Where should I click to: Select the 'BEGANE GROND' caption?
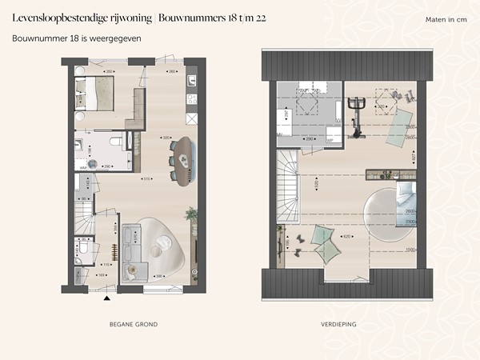[x=133, y=324]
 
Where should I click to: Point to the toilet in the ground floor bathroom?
[x=117, y=142]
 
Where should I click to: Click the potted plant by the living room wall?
[x=190, y=214]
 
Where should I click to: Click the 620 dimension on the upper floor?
[x=346, y=237]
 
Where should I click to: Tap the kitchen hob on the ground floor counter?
[x=191, y=99]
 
